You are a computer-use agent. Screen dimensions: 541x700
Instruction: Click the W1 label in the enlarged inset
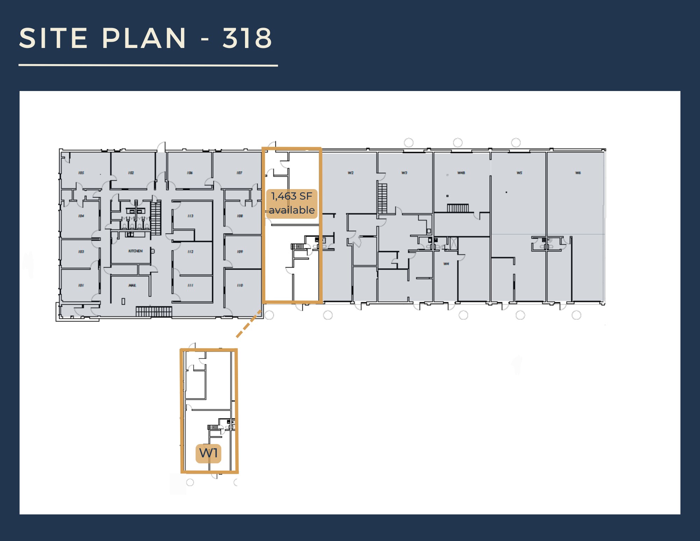coord(208,453)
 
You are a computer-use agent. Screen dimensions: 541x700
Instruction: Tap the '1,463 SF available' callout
coord(292,203)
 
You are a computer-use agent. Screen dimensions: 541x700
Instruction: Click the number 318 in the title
coord(247,38)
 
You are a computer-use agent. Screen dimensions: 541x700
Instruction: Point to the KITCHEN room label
coord(135,251)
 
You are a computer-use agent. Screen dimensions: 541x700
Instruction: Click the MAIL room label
coord(132,285)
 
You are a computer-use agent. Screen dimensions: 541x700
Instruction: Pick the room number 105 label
coord(81,173)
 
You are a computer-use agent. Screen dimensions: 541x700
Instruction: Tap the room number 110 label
coord(240,285)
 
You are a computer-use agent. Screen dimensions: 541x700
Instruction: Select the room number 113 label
coord(190,216)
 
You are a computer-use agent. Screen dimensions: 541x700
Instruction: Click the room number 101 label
coord(81,285)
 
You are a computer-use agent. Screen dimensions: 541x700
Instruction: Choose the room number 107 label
coord(239,173)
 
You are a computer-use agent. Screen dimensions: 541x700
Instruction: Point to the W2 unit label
coord(351,173)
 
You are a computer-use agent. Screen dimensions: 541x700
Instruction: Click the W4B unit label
coord(461,173)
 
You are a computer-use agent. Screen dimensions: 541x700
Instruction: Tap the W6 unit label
coord(578,173)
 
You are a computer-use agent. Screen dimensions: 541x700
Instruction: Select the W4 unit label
coord(446,264)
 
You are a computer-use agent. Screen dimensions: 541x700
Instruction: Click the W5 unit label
coord(519,173)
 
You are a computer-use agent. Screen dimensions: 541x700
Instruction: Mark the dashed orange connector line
coord(249,324)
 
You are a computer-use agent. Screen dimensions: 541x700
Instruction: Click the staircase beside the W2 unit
coord(382,198)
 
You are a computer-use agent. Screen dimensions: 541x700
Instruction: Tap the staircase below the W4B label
coord(458,208)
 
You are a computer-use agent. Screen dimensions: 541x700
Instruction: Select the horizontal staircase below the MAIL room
coord(154,311)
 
